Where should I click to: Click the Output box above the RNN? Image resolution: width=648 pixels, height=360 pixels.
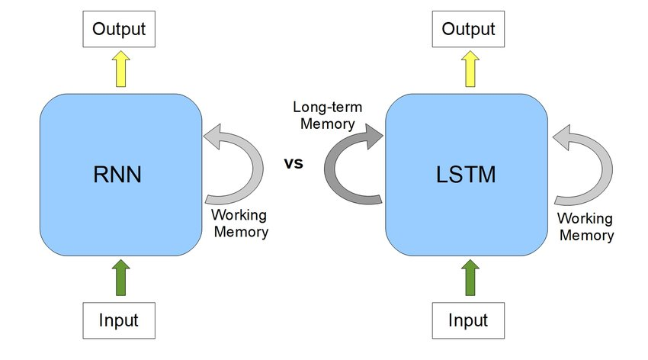pos(119,31)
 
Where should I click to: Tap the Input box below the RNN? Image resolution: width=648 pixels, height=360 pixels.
pos(119,320)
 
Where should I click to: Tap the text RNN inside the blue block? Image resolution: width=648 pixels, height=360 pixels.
pos(120,175)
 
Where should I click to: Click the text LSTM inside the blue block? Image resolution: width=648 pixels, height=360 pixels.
pos(467,175)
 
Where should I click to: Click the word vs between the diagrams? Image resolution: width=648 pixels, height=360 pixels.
pos(294,162)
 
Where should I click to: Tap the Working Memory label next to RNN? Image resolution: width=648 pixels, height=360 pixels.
pos(239,223)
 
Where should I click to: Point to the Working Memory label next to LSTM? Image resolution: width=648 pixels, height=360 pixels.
pos(586,227)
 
